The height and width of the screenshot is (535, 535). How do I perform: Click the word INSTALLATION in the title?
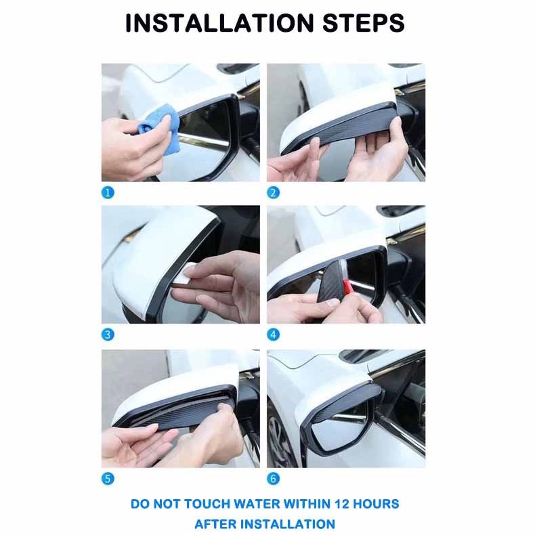219,23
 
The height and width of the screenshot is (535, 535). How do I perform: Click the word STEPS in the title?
364,23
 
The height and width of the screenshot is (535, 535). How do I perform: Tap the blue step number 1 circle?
108,193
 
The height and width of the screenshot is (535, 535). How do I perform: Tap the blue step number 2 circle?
273,193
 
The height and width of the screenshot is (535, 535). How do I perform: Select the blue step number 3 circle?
108,335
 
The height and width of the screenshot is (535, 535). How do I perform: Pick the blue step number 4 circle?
273,335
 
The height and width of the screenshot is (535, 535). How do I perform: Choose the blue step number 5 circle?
108,479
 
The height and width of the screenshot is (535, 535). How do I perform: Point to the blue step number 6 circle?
273,479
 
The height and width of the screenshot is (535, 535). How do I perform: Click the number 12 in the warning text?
342,504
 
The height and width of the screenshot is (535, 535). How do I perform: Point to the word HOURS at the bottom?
376,504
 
